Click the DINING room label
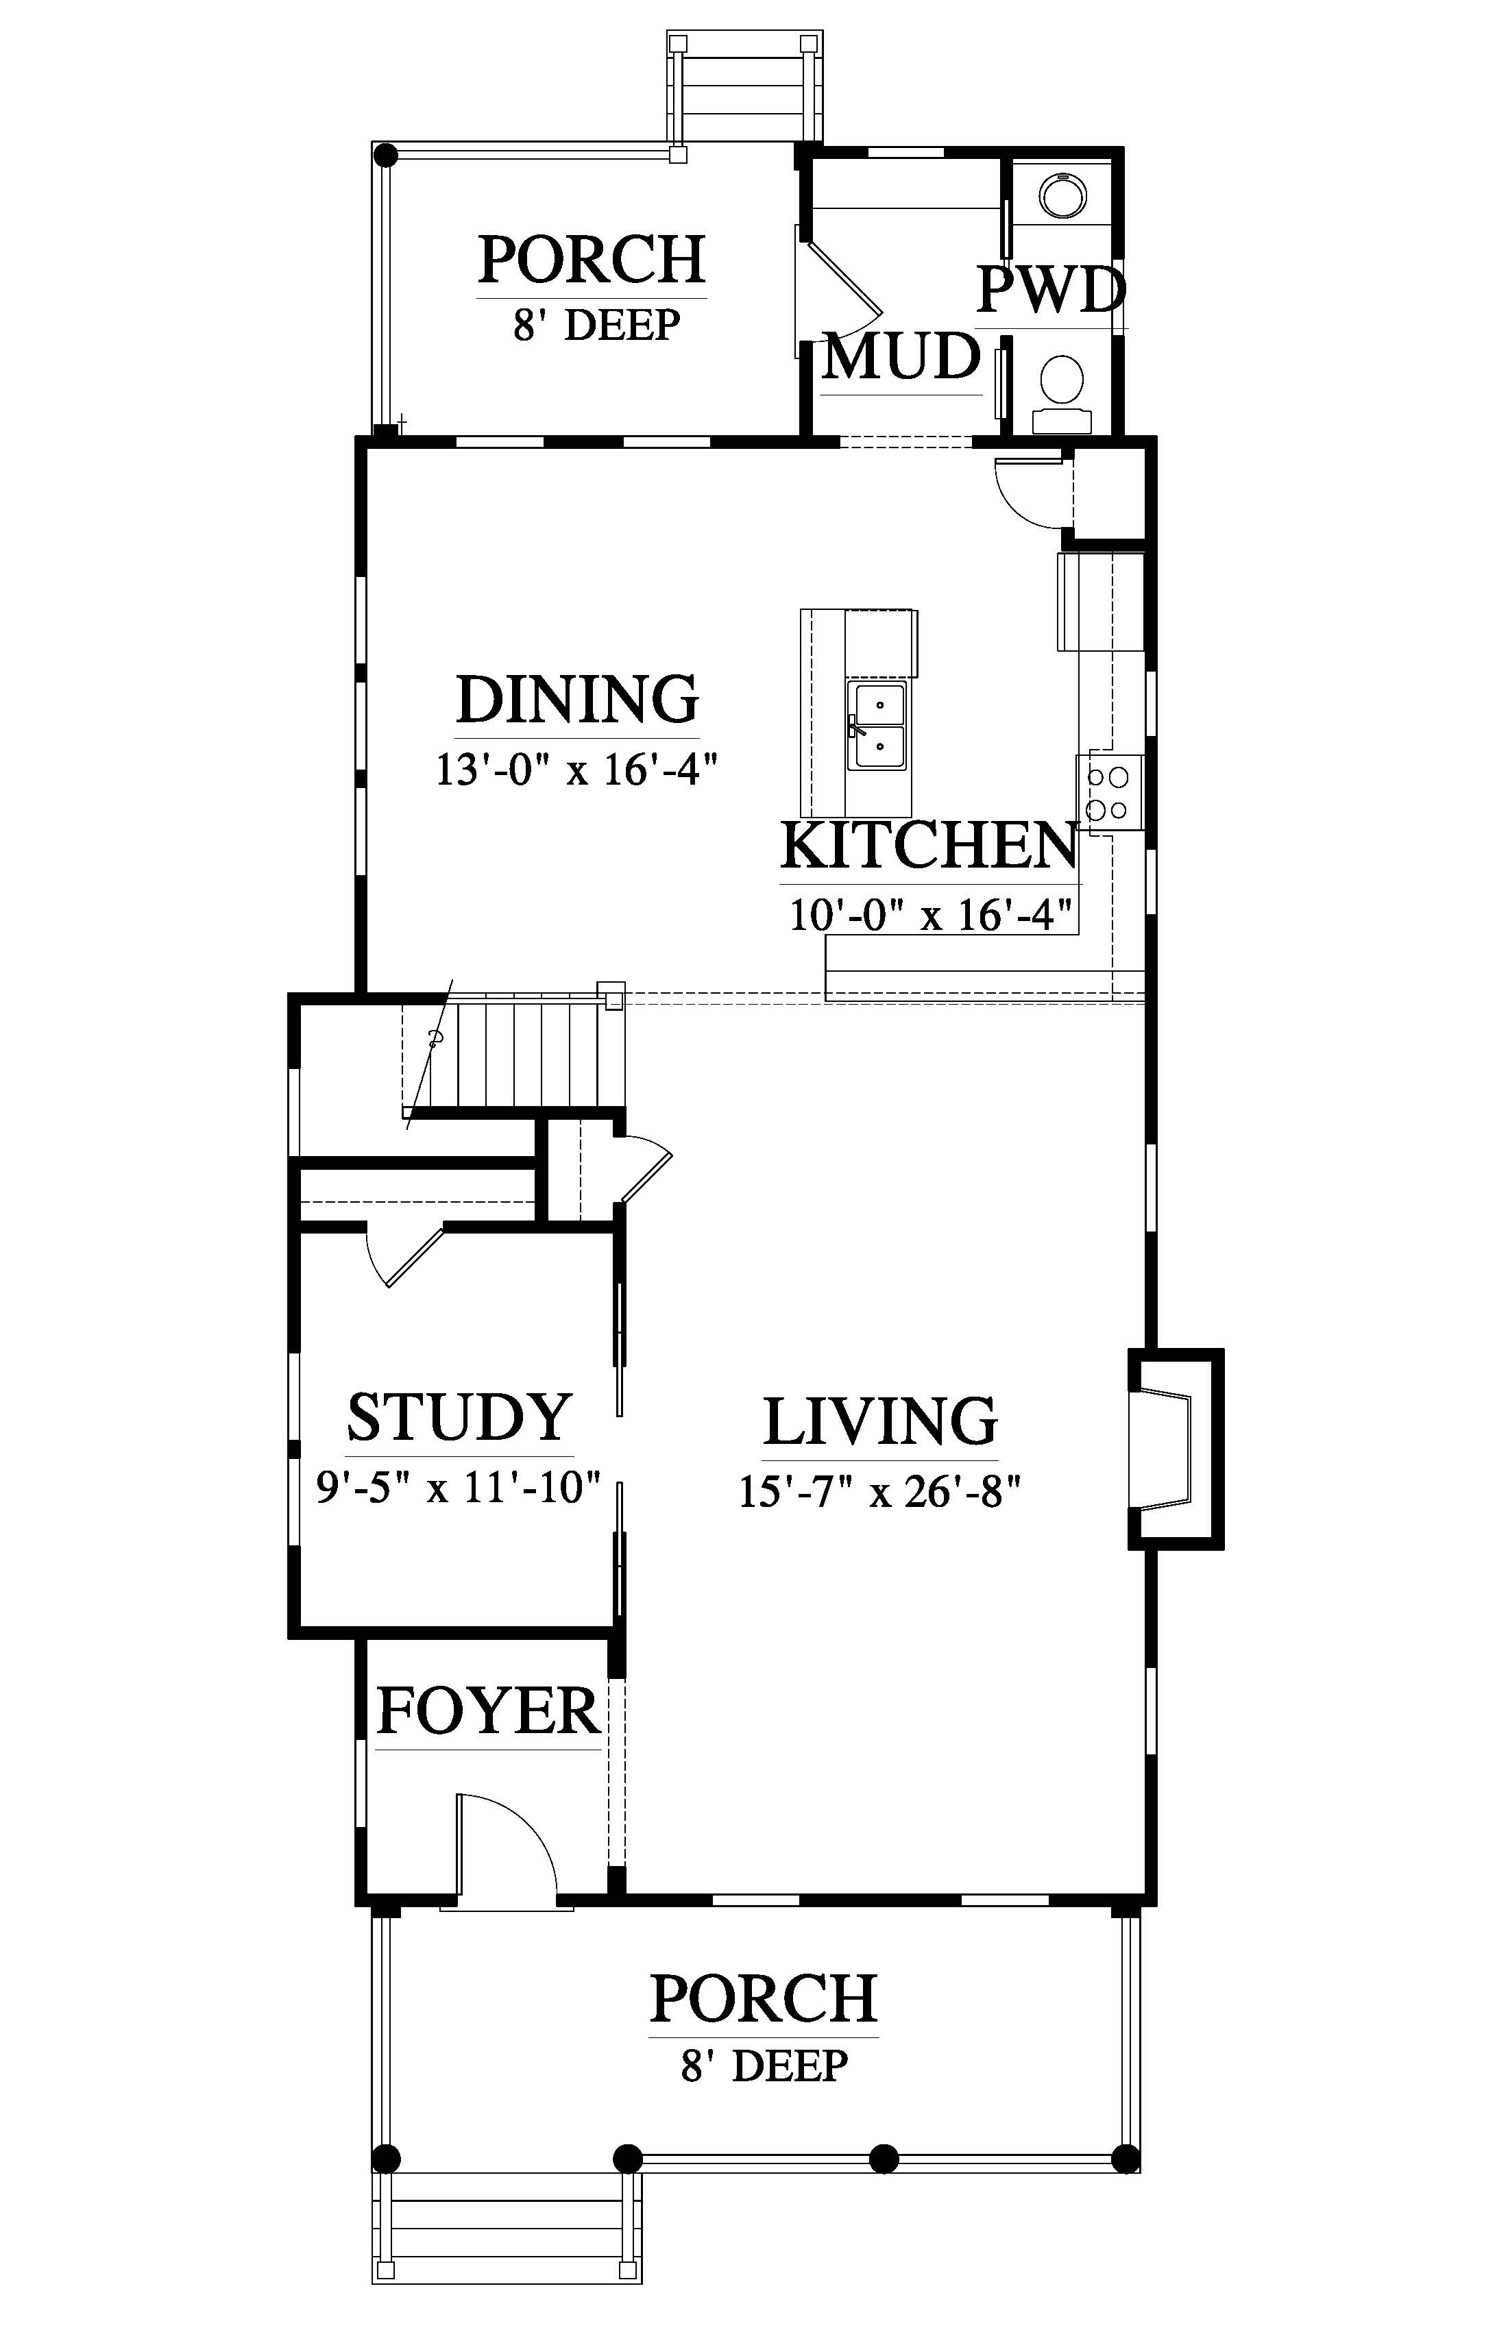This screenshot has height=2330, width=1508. (578, 699)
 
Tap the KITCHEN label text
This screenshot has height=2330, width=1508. (928, 847)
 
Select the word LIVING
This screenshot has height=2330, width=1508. (880, 1421)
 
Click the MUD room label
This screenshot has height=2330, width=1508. (901, 356)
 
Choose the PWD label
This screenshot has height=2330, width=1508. (1051, 290)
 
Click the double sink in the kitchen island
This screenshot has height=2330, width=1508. (877, 726)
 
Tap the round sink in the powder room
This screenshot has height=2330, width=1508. (1062, 196)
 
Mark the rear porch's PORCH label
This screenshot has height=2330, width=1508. (592, 260)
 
